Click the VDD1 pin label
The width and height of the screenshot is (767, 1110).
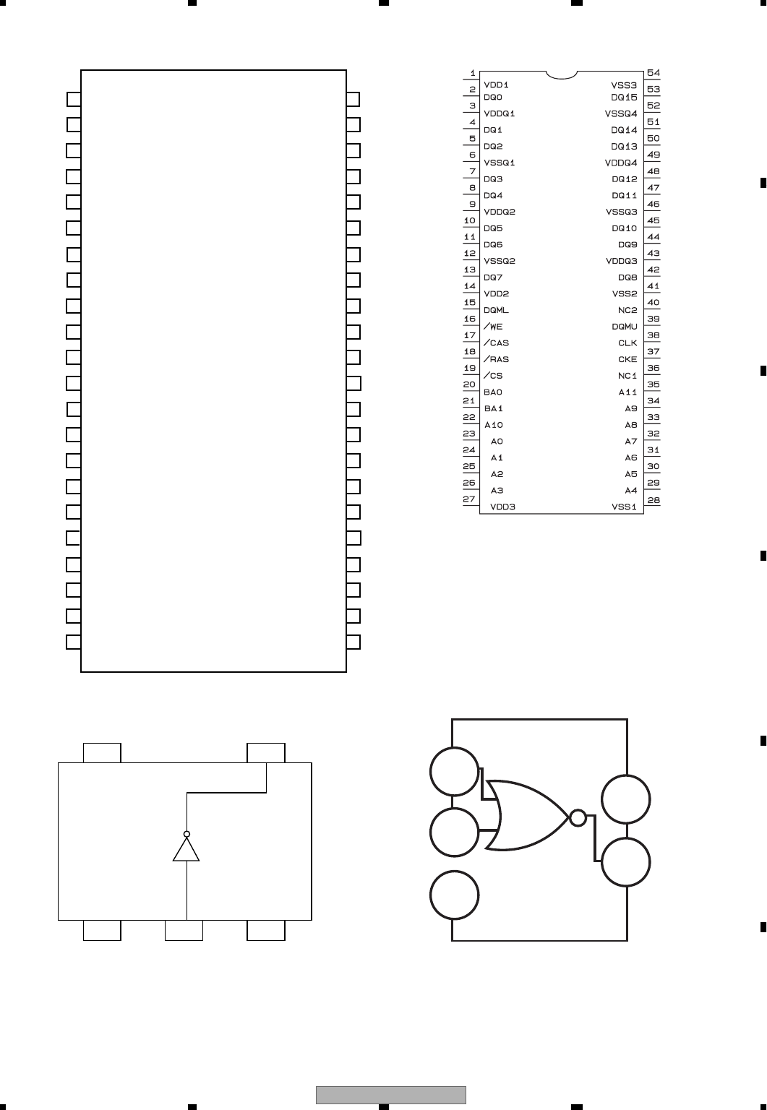[496, 85]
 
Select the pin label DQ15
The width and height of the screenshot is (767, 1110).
[624, 97]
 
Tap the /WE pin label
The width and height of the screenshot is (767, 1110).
[493, 327]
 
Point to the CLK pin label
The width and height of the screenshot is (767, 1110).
[627, 343]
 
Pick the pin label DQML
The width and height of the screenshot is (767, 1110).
[496, 310]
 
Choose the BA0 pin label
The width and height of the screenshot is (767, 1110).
[493, 392]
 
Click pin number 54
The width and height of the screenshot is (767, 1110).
[654, 73]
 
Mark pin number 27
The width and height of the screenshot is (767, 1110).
[469, 499]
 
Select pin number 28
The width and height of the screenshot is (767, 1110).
[654, 499]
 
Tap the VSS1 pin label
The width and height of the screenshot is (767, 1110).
[624, 507]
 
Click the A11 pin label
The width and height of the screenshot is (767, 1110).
[627, 392]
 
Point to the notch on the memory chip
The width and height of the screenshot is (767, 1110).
[562, 74]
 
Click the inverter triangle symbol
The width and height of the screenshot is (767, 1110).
[187, 850]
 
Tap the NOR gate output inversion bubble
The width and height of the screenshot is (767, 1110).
[578, 818]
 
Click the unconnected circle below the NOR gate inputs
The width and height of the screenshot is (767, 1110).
[454, 895]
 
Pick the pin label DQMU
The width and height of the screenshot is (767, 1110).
[625, 327]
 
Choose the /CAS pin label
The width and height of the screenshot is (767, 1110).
[496, 343]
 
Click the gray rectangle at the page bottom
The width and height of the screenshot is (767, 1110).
[391, 1095]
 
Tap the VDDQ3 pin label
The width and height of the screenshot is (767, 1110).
[622, 261]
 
